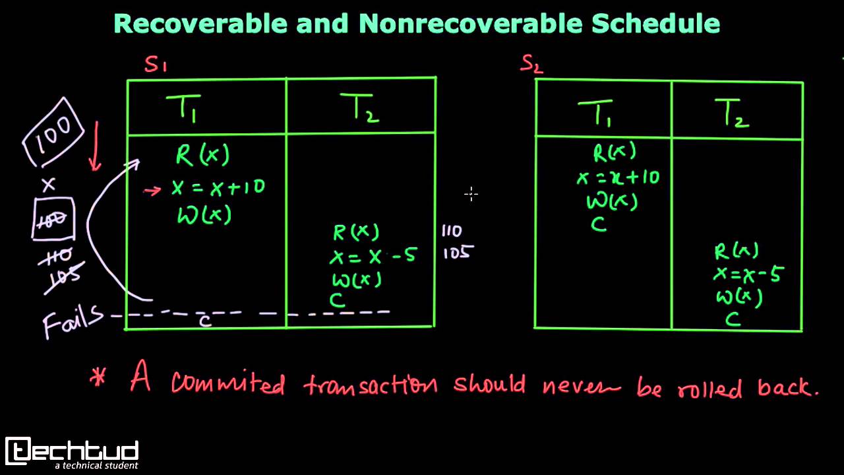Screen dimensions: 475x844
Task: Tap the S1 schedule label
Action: (x=156, y=65)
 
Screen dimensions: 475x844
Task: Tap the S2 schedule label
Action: (x=531, y=63)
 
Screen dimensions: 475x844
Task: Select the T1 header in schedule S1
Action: (x=185, y=107)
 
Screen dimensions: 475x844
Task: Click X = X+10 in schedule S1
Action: (x=218, y=187)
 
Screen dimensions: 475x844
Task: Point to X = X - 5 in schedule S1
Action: (x=373, y=255)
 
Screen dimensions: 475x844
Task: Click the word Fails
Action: (x=73, y=320)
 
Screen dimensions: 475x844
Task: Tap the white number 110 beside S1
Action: (x=452, y=231)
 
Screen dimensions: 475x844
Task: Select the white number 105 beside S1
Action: (x=457, y=252)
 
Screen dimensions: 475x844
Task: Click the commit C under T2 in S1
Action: (x=338, y=300)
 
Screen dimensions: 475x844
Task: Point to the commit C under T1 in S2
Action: (x=598, y=225)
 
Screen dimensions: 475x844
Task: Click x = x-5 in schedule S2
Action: (x=747, y=274)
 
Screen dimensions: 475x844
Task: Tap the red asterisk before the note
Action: (x=98, y=379)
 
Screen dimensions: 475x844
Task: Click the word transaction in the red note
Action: (x=371, y=384)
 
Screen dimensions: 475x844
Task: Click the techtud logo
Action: (x=72, y=452)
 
